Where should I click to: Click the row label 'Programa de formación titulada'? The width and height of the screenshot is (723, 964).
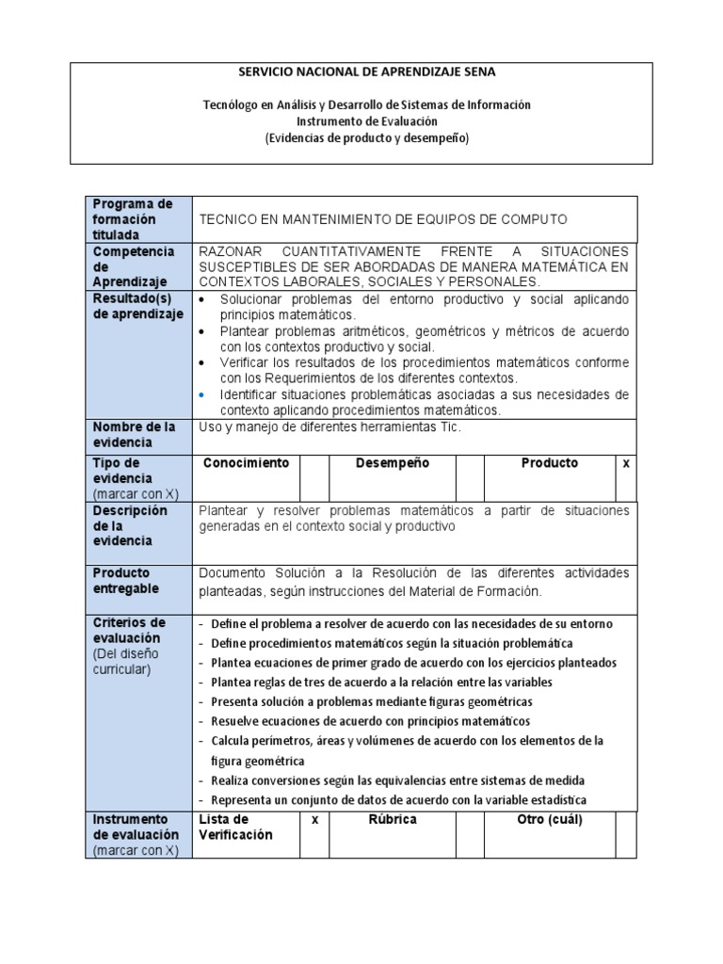coord(132,219)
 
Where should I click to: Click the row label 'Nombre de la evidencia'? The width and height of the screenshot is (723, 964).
coord(134,434)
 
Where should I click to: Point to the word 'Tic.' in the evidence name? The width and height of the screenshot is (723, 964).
coord(448,426)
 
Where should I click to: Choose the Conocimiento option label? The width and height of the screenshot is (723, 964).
coord(246,463)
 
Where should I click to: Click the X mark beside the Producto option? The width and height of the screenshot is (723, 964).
coord(626,463)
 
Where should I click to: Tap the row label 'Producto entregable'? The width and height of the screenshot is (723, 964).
coord(126,581)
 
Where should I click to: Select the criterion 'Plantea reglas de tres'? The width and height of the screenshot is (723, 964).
coord(381,682)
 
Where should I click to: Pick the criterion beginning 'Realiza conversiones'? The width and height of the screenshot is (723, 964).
coord(397,780)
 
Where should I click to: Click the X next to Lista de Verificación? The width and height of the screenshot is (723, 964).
coord(314,820)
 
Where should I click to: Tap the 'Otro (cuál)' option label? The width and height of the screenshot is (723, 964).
coord(550,820)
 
